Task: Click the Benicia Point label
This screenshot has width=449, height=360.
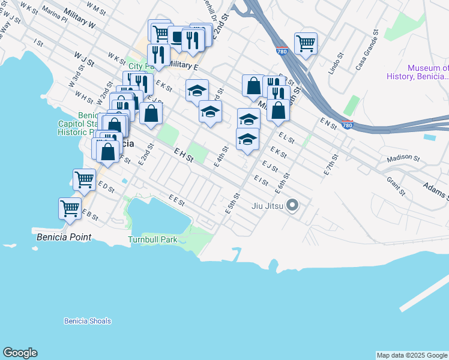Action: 64,237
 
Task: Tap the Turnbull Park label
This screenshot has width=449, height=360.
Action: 152,239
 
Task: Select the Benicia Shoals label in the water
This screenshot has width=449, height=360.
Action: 88,321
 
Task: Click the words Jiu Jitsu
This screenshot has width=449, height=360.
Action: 268,206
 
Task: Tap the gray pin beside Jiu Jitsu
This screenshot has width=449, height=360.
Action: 292,206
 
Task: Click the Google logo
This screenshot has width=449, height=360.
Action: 20,353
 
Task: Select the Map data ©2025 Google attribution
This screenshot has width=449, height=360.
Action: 412,355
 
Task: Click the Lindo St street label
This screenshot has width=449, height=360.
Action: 334,66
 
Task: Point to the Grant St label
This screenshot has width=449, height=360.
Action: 396,187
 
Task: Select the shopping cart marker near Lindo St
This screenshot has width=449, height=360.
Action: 306,43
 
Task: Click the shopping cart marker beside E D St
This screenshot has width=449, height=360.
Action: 84,179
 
